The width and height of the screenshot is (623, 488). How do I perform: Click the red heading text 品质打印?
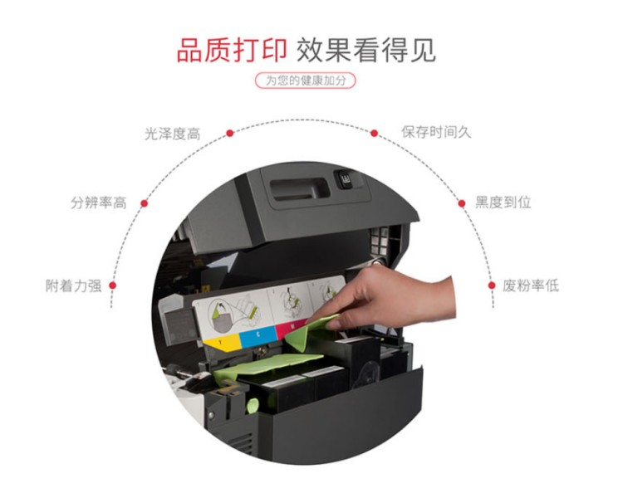[x=231, y=51]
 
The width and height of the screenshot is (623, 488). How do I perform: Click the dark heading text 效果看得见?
[x=366, y=51]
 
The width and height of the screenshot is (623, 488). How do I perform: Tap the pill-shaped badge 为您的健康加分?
[x=305, y=81]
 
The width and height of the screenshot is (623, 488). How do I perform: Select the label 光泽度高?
[x=173, y=134]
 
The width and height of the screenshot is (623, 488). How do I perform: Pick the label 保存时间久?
[x=436, y=132]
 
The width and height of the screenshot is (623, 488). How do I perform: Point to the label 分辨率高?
[x=99, y=203]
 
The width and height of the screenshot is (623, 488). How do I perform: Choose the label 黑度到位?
[x=503, y=203]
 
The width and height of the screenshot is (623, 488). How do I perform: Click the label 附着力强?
[x=73, y=285]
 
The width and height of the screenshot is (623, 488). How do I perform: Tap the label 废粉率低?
[x=531, y=285]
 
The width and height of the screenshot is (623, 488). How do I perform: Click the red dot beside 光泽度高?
[x=229, y=133]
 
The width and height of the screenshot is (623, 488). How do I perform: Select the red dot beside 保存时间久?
[x=374, y=133]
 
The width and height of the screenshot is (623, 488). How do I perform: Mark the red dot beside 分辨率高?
[x=145, y=203]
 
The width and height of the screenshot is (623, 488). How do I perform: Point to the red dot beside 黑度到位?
[x=461, y=203]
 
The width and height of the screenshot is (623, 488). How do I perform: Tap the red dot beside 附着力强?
[x=112, y=285]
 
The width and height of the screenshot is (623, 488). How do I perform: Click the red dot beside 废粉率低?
[x=492, y=285]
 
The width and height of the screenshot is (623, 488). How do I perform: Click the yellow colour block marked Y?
[x=222, y=342]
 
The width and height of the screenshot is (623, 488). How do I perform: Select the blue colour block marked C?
[x=258, y=336]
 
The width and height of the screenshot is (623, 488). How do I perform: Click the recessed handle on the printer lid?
[x=300, y=190]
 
